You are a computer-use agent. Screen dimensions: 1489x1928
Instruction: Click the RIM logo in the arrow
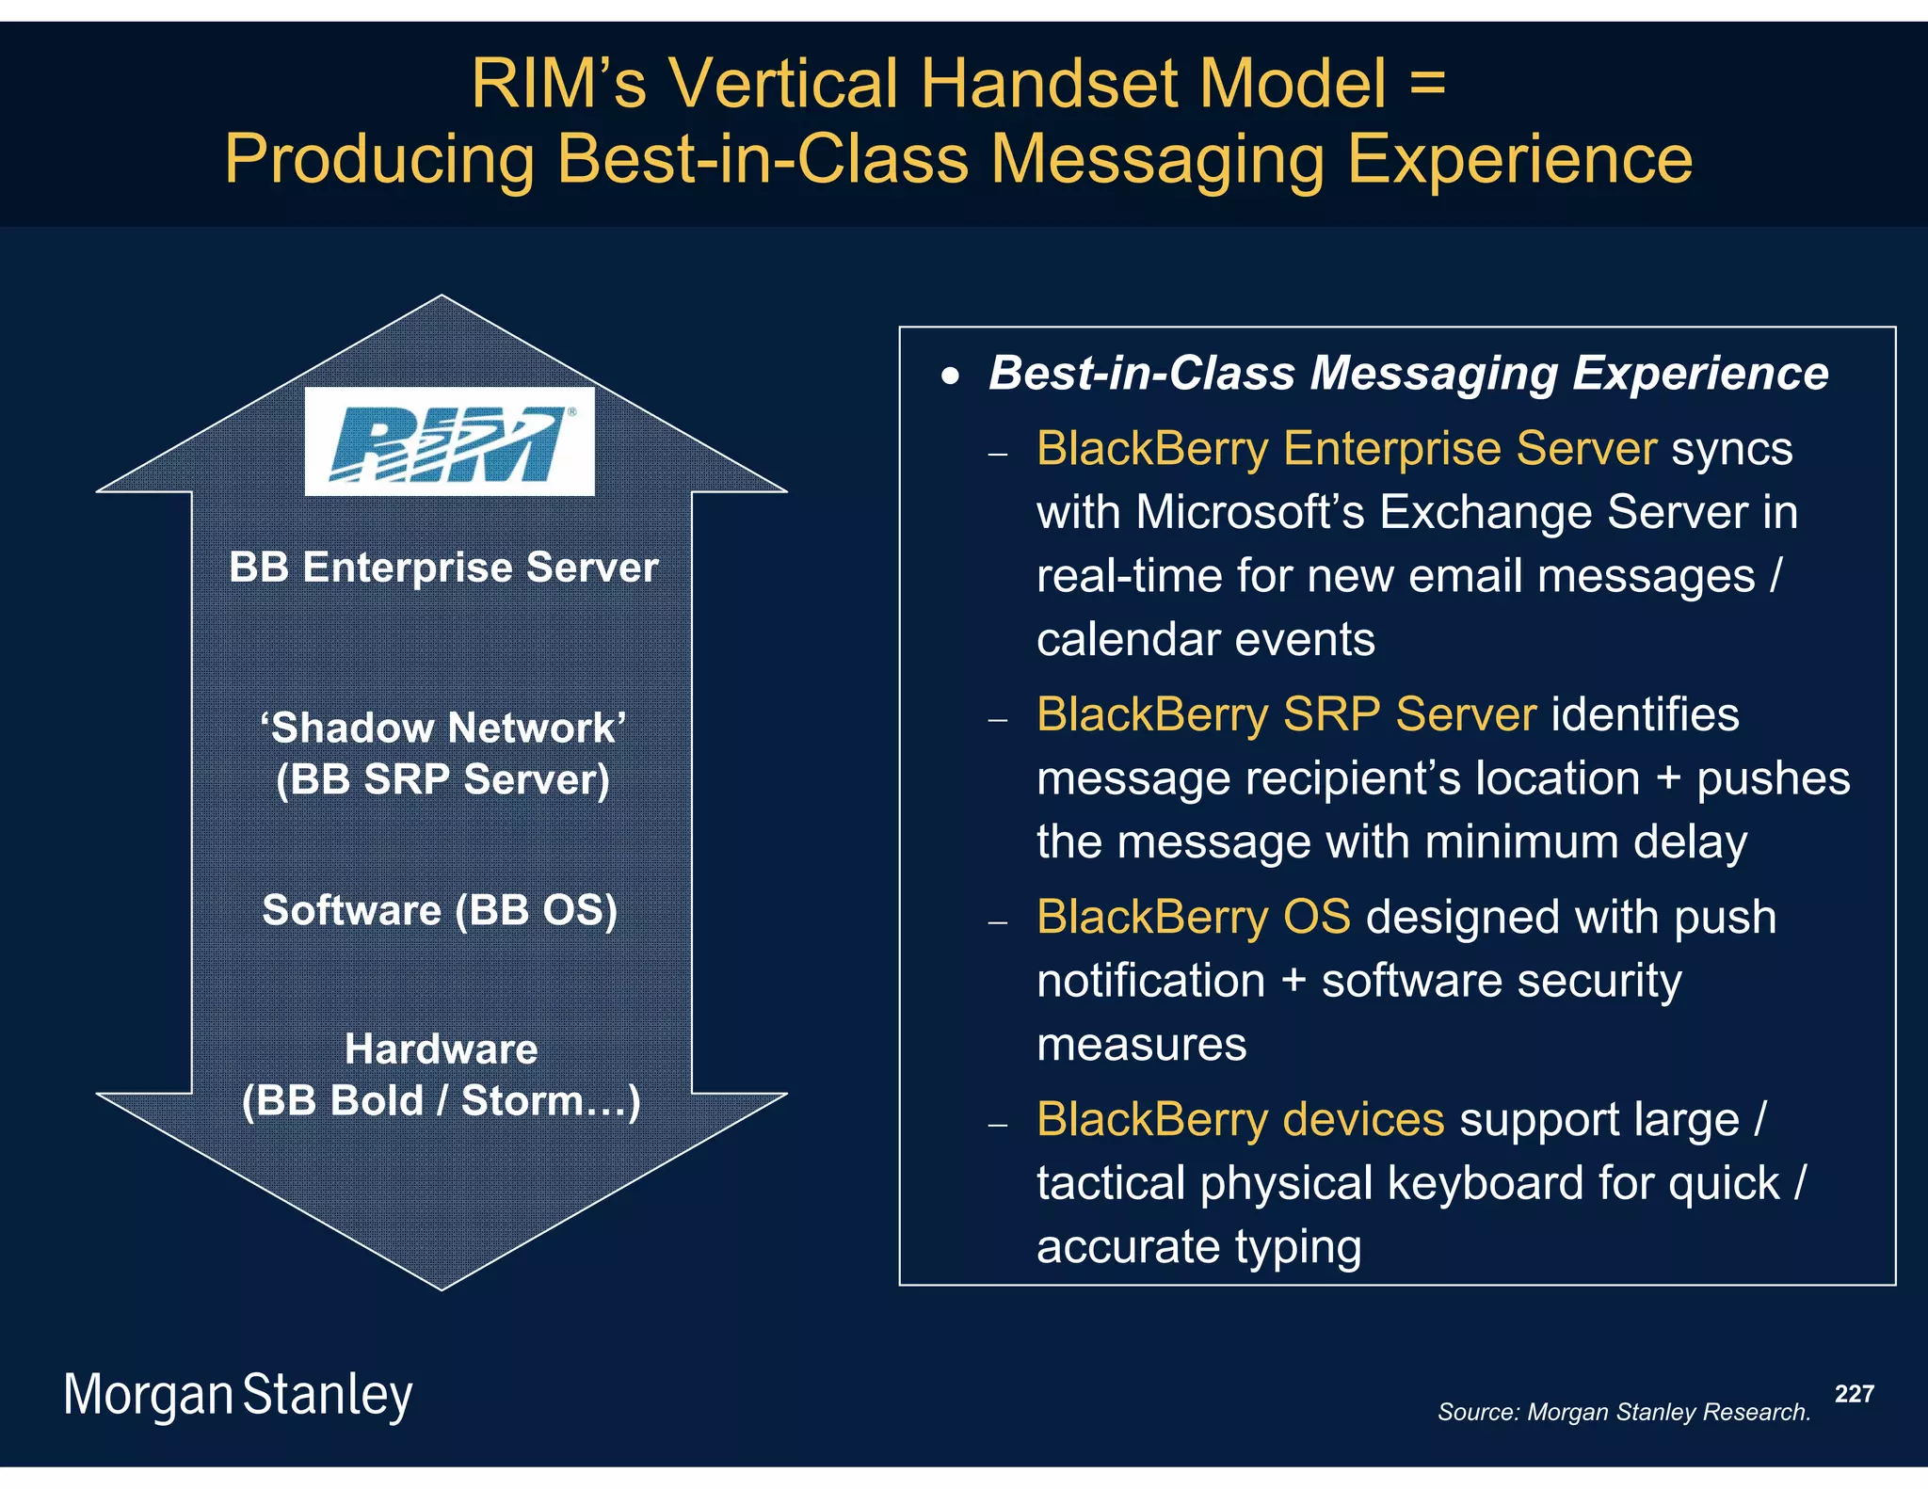click(449, 441)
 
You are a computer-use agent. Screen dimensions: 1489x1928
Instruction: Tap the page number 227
click(1854, 1393)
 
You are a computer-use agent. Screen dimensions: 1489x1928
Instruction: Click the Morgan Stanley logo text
click(237, 1395)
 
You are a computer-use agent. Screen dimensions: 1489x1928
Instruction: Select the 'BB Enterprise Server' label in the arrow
click(443, 568)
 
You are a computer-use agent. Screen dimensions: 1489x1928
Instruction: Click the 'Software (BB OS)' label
click(440, 910)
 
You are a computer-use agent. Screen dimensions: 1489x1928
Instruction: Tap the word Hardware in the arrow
click(441, 1049)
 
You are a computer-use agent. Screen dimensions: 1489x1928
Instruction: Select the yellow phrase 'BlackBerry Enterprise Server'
click(1346, 448)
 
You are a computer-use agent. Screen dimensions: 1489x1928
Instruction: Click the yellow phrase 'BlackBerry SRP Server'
click(1286, 714)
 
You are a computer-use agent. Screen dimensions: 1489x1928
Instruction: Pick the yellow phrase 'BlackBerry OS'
click(1193, 917)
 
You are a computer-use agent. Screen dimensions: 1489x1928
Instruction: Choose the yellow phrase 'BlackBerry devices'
click(1240, 1119)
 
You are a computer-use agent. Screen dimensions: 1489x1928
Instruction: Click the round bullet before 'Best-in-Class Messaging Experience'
click(951, 376)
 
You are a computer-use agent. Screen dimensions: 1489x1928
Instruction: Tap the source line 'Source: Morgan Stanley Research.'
click(1624, 1412)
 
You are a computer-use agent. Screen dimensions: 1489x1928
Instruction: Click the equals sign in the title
click(1427, 83)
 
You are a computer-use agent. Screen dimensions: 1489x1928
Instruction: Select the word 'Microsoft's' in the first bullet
click(1249, 512)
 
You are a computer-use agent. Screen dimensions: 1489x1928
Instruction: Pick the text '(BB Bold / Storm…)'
click(441, 1100)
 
